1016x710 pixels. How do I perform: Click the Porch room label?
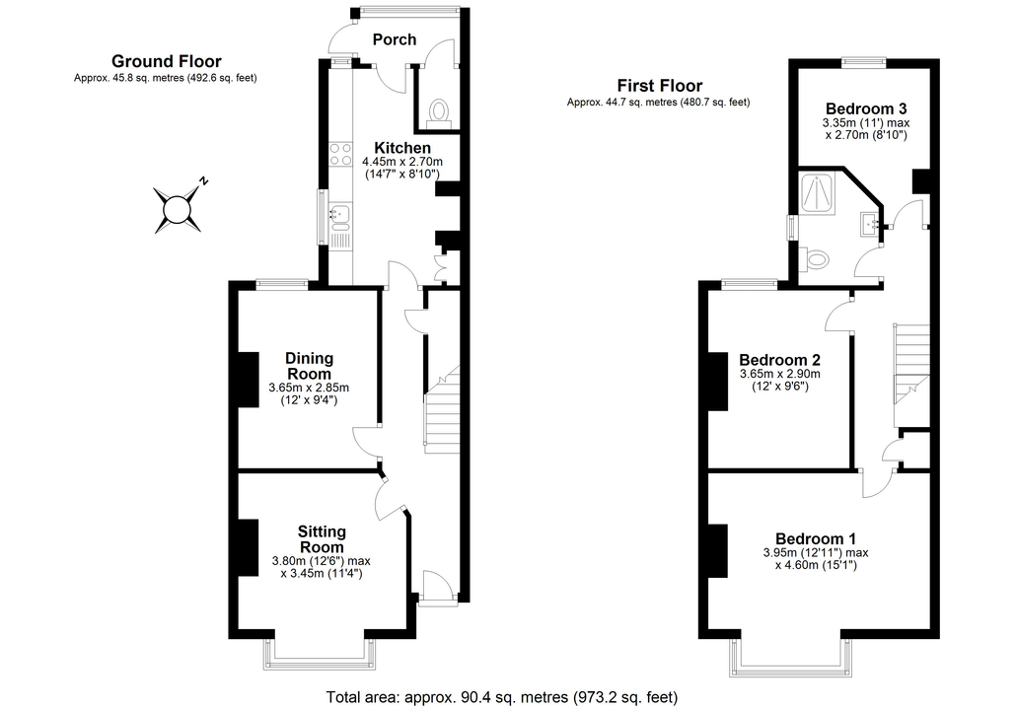pos(394,39)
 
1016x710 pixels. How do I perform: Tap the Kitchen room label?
pos(402,148)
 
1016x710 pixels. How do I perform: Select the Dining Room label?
pos(309,366)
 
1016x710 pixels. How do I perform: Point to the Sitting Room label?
pos(322,539)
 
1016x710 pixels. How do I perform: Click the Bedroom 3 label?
pos(866,108)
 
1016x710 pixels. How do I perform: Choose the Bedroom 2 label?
pos(779,360)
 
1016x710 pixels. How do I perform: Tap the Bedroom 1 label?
pos(815,538)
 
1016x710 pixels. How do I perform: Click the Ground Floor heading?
pos(167,61)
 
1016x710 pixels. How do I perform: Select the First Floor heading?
pos(660,86)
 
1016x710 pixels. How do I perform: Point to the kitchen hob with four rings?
pos(341,156)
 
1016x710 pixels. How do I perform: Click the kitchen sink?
pos(340,216)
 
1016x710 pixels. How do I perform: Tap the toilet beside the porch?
pos(439,112)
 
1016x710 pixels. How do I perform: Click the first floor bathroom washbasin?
pos(870,224)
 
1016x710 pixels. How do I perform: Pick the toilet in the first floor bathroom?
pos(814,259)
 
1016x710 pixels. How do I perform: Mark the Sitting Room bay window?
pos(320,655)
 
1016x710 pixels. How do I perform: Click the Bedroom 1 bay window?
pos(791,658)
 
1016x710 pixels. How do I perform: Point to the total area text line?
pos(501,698)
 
